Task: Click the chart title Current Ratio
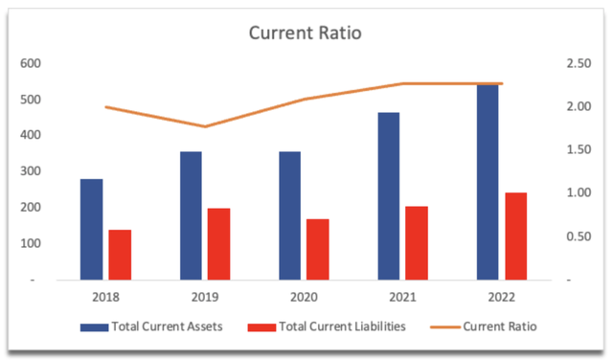[x=305, y=33]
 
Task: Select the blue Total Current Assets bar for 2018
[x=92, y=230]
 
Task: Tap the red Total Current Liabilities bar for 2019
[x=219, y=244]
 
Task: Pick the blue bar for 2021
[x=389, y=196]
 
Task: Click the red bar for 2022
[x=516, y=236]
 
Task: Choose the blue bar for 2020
[x=289, y=215]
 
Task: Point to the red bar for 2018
[x=120, y=255]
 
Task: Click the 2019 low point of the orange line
[x=205, y=126]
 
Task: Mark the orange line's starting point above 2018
[x=106, y=106]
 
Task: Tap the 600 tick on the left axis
[x=31, y=63]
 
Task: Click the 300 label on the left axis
[x=31, y=170]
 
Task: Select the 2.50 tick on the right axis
[x=579, y=63]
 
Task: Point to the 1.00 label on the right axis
[x=579, y=192]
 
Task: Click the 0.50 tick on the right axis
[x=579, y=236]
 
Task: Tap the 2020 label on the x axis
[x=304, y=297]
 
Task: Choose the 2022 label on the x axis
[x=502, y=297]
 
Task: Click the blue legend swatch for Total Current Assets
[x=94, y=327]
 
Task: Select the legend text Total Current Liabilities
[x=343, y=326]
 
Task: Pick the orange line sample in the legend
[x=444, y=327]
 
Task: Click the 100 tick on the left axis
[x=31, y=243]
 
